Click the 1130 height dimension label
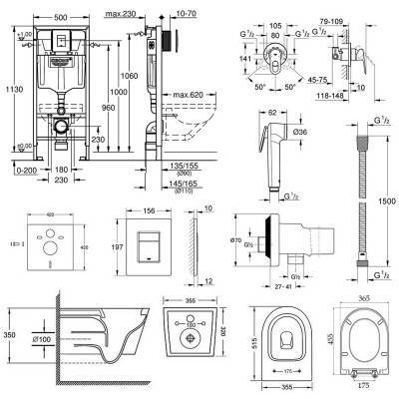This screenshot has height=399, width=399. pyautogui.click(x=8, y=92)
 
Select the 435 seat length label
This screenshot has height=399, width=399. pyautogui.click(x=389, y=338)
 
